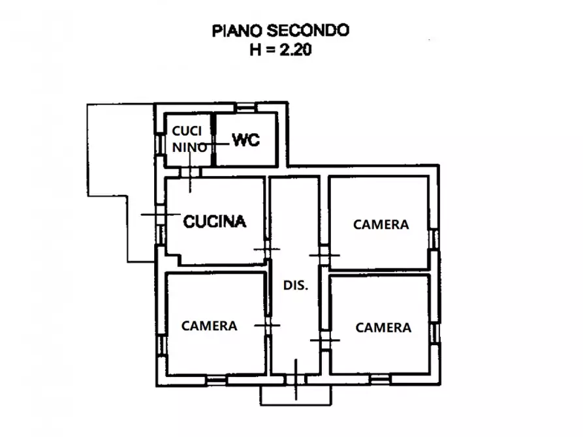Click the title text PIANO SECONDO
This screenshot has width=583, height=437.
(280, 30)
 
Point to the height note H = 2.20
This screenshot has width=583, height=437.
(280, 50)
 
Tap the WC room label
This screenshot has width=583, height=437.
(246, 140)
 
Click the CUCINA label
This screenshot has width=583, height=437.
(215, 222)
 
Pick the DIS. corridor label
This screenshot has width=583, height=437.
(295, 285)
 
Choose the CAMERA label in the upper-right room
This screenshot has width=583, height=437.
(381, 224)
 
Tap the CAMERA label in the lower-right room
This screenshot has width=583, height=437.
(383, 327)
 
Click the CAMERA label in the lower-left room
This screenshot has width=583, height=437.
(209, 325)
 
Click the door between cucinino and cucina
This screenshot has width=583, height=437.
(190, 172)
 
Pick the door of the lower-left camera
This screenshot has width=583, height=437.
(267, 324)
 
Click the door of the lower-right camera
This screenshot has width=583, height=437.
(324, 340)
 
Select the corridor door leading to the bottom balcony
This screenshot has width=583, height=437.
(296, 380)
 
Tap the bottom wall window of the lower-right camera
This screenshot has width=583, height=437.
(379, 379)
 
